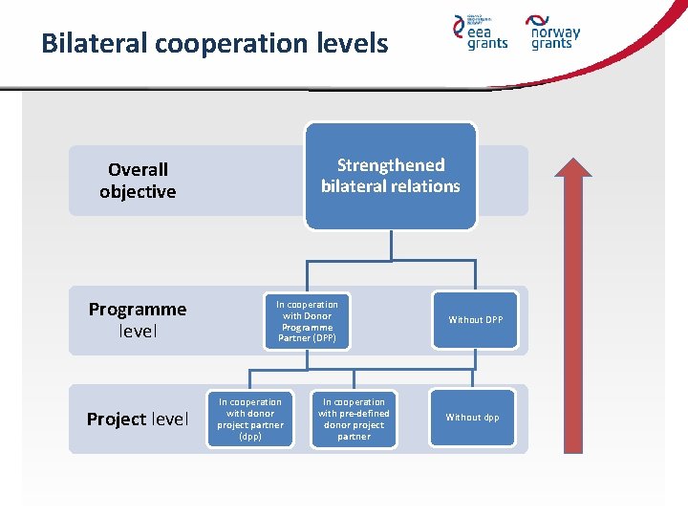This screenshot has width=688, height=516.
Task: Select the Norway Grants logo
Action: pyautogui.click(x=554, y=32)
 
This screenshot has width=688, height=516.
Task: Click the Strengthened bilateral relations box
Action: pyautogui.click(x=390, y=176)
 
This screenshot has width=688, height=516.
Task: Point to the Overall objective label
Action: pyautogui.click(x=138, y=181)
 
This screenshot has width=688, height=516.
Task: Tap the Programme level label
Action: pyautogui.click(x=138, y=320)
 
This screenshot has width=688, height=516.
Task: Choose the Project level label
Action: pyautogui.click(x=138, y=419)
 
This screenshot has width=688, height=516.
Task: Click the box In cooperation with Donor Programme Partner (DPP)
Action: pyautogui.click(x=307, y=321)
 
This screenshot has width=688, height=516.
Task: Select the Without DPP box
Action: pyautogui.click(x=475, y=320)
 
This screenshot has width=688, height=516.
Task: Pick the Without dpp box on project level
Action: pyautogui.click(x=472, y=418)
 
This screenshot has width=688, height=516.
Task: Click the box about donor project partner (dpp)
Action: pyautogui.click(x=250, y=419)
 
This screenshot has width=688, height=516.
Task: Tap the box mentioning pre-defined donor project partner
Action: pyautogui.click(x=354, y=419)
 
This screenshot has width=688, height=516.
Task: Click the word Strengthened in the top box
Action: pyautogui.click(x=391, y=165)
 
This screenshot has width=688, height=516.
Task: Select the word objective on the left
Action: pyautogui.click(x=138, y=191)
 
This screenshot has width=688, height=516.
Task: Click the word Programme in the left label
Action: pyautogui.click(x=138, y=309)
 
